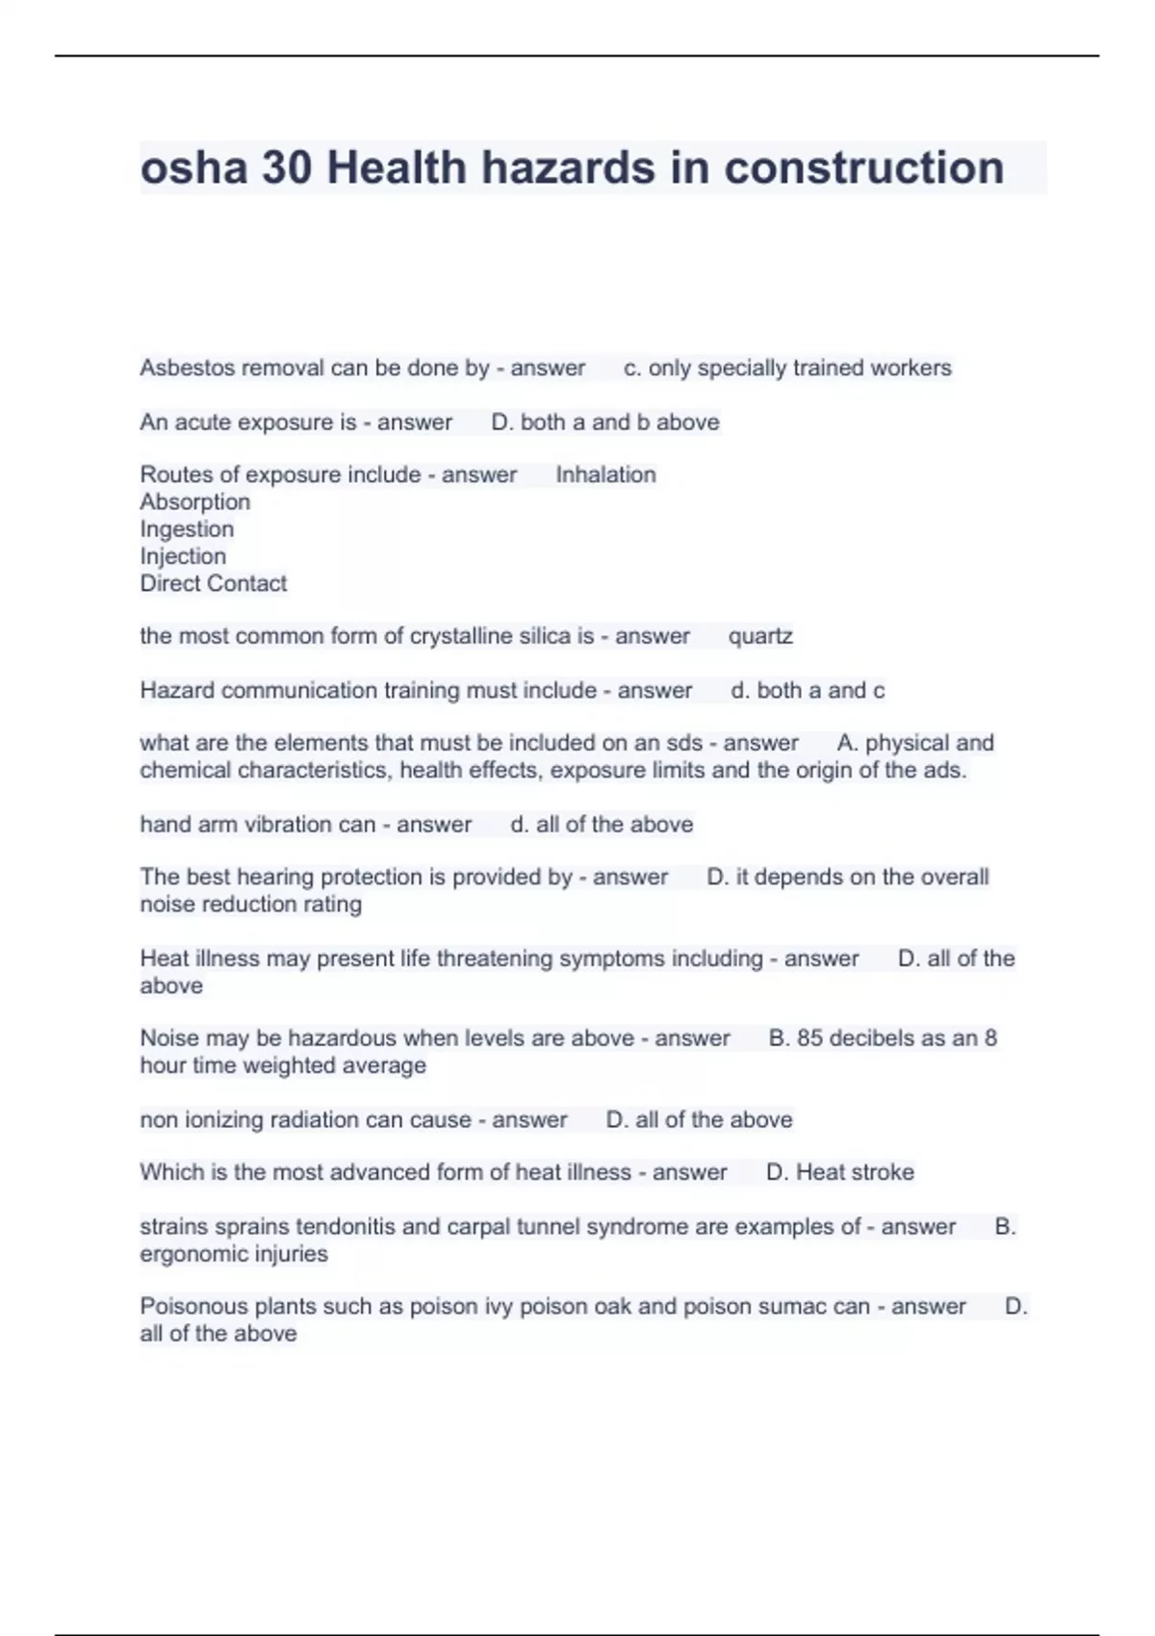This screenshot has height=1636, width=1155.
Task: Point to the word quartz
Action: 760,636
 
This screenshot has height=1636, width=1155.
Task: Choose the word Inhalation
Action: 605,474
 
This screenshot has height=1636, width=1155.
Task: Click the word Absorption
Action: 194,501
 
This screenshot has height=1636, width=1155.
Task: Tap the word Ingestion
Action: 187,529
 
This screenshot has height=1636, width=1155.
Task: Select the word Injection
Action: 183,556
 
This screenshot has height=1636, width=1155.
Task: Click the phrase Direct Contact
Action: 213,583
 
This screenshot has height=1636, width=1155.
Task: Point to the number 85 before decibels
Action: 809,1038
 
